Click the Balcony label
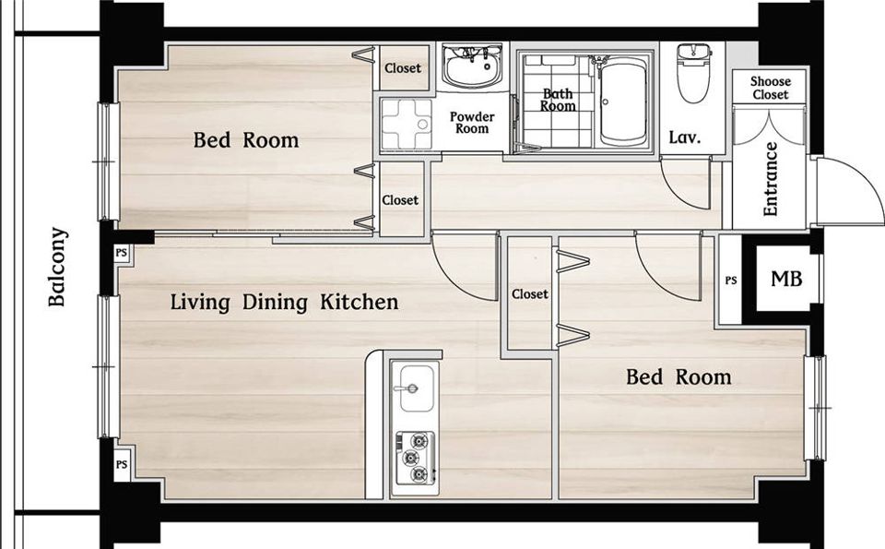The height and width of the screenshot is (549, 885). click(57, 267)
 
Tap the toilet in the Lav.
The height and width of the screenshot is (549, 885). click(693, 74)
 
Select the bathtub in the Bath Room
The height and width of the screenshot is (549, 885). click(622, 101)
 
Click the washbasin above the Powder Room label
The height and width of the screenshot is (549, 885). click(472, 66)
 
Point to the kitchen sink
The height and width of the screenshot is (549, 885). click(417, 388)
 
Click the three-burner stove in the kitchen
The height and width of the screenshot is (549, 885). click(416, 458)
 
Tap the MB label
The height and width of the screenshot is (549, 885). click(786, 279)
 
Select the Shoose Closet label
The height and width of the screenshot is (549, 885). click(770, 88)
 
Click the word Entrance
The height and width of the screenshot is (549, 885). click(770, 179)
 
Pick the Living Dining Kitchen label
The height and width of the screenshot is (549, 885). click(285, 302)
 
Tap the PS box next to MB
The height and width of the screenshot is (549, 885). click(730, 280)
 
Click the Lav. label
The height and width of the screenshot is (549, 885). click(685, 137)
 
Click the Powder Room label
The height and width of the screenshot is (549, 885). click(472, 123)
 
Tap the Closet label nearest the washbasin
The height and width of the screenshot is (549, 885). click(403, 68)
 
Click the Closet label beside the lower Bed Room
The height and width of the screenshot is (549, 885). click(530, 294)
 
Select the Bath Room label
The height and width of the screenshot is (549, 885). click(558, 100)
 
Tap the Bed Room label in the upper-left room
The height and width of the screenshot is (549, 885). click(246, 140)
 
